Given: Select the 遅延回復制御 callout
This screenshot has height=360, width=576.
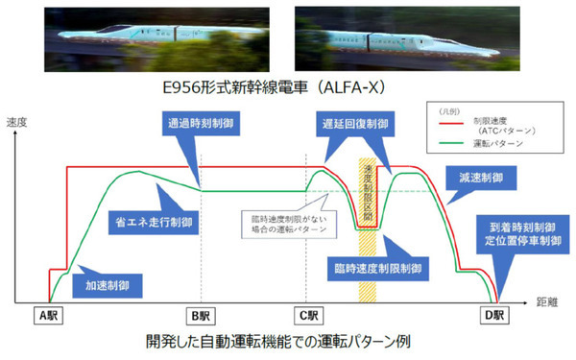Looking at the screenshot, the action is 356,123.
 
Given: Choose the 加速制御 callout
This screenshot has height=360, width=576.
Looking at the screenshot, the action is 109,284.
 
